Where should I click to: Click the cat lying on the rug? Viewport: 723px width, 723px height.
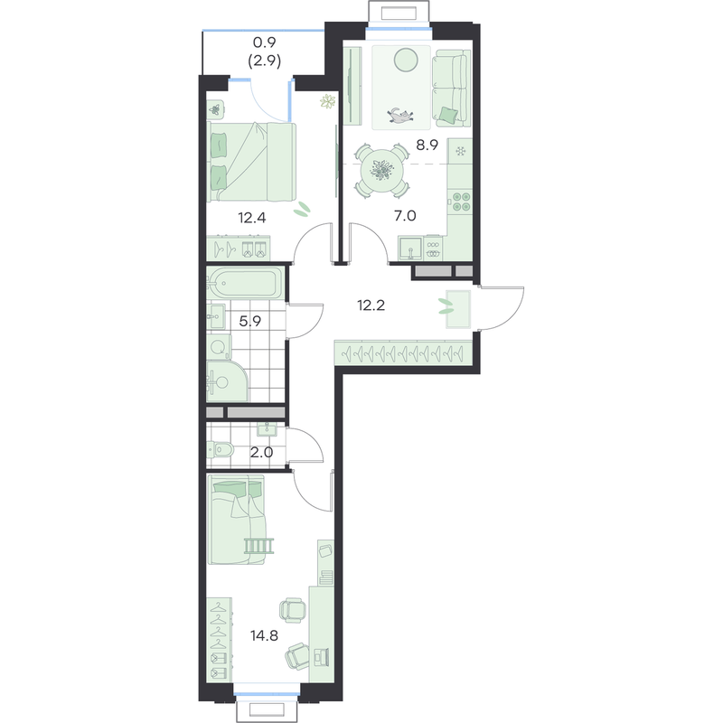point(399,116)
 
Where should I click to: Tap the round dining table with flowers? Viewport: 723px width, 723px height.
point(381,171)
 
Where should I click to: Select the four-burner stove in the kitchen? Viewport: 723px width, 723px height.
point(461,201)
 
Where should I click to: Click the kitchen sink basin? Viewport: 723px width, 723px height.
point(410,248)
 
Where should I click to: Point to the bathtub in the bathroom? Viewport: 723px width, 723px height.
point(244,283)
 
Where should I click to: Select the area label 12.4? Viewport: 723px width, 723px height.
point(252,218)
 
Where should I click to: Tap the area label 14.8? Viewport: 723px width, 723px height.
point(264,636)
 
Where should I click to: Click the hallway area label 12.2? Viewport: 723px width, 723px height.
point(371,305)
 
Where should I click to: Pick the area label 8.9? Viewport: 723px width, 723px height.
point(427,145)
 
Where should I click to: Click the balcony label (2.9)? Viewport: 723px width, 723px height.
point(265,61)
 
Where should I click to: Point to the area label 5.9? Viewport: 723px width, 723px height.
point(250,321)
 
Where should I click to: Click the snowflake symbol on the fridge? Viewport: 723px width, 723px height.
point(460,151)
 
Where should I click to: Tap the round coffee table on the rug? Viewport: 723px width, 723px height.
point(406,61)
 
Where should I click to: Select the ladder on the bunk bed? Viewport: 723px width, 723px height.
point(259,546)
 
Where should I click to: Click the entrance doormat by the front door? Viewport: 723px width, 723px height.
point(458,309)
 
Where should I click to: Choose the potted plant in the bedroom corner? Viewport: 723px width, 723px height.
point(328,101)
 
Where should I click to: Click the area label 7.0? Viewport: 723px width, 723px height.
point(405,215)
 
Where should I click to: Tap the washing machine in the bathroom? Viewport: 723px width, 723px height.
point(219,347)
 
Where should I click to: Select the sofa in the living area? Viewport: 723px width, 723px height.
point(451,88)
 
